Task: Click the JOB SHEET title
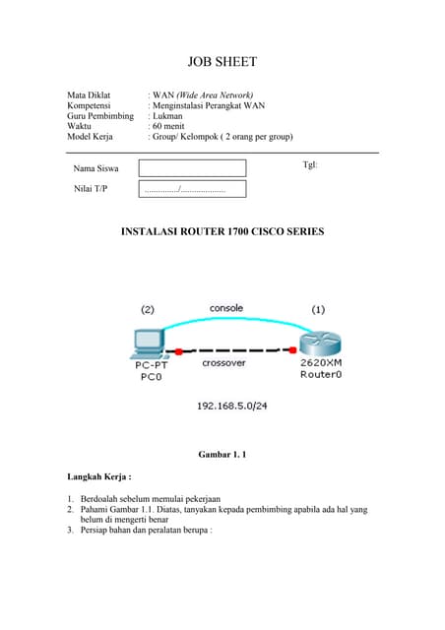pos(222,62)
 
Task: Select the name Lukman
pos(169,116)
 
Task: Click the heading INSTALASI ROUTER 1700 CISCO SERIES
pos(222,232)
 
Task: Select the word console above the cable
pos(226,308)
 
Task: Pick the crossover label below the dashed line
pos(223,363)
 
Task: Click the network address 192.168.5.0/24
pos(232,405)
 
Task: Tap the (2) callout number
pos(148,309)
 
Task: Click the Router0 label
pos(320,375)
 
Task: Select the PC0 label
pos(151,376)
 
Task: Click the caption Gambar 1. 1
pos(222,455)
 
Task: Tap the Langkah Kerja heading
pos(98,476)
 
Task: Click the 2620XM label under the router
pos(320,363)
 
